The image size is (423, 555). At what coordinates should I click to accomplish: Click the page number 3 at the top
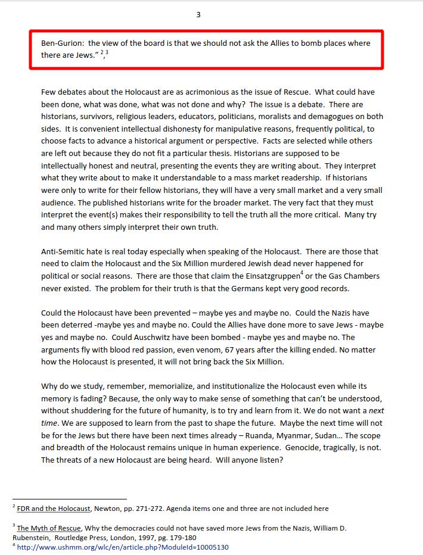[198, 15]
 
